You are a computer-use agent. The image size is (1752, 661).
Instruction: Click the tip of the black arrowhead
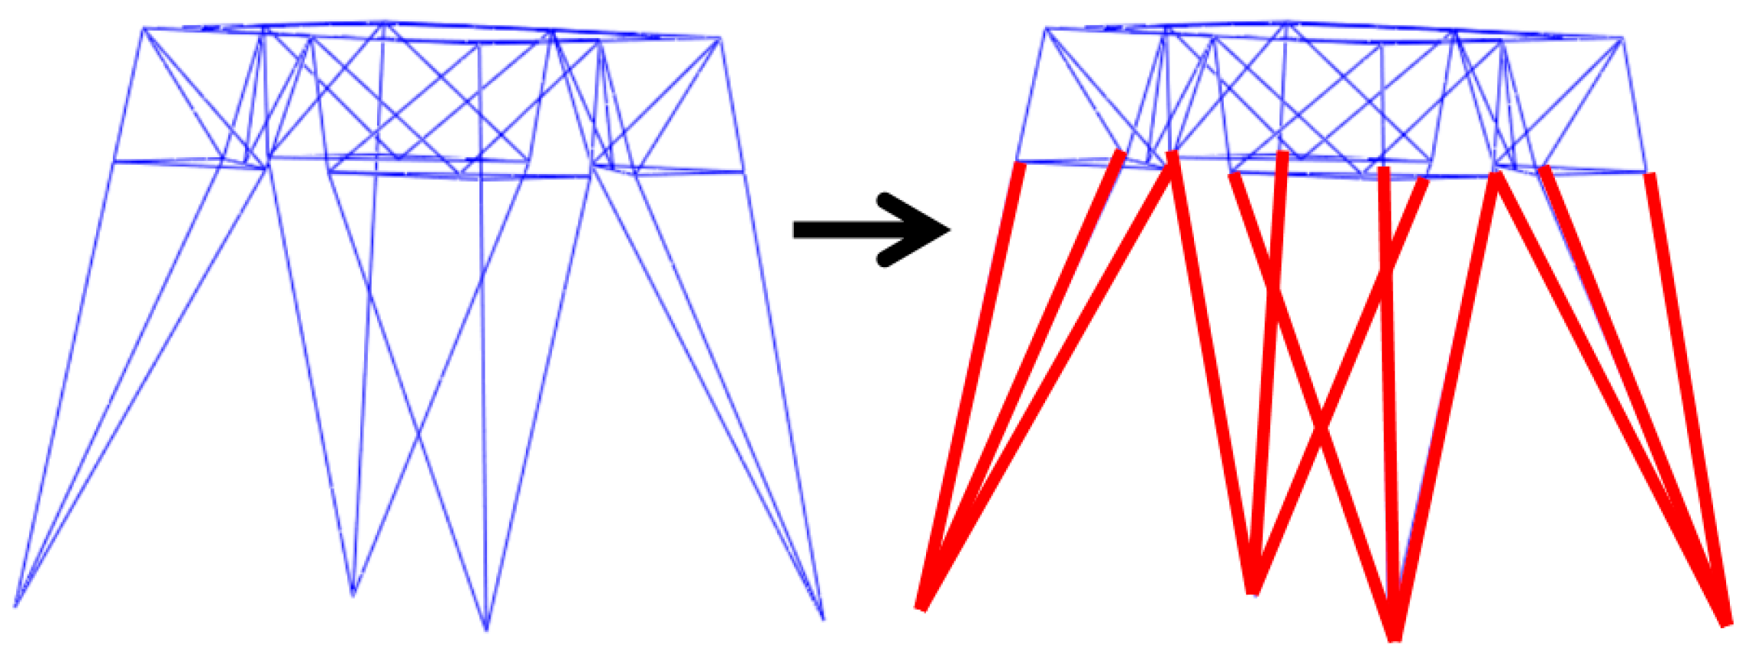pyautogui.click(x=950, y=229)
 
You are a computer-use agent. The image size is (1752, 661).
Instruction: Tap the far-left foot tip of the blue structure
pyautogui.click(x=15, y=607)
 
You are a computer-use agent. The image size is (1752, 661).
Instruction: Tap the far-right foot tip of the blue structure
pyautogui.click(x=823, y=619)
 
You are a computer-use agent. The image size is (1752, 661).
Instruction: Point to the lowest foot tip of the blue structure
pyautogui.click(x=486, y=630)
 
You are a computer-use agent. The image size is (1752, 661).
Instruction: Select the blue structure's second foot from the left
pyautogui.click(x=353, y=595)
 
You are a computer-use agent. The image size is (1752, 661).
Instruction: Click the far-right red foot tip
pyautogui.click(x=1727, y=625)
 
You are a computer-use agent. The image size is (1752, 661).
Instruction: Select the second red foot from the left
pyautogui.click(x=1253, y=592)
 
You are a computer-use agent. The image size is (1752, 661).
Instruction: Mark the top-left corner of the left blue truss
pyautogui.click(x=144, y=28)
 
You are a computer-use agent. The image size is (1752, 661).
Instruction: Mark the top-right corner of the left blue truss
pyautogui.click(x=720, y=37)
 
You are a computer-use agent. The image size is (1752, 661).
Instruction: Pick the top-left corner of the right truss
pyautogui.click(x=1045, y=28)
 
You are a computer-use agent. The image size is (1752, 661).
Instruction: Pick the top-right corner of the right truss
pyautogui.click(x=1623, y=37)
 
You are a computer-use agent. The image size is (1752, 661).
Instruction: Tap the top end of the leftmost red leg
pyautogui.click(x=1019, y=164)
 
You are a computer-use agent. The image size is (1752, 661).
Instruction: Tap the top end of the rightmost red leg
pyautogui.click(x=1650, y=175)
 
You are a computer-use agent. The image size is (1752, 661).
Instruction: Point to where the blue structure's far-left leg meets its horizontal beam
pyautogui.click(x=114, y=162)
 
